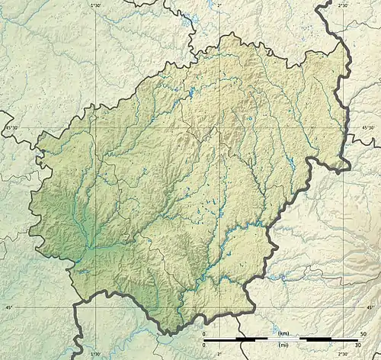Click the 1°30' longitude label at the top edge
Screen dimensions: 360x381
95,5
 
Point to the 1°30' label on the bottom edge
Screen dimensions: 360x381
95,354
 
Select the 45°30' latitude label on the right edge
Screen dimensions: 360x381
370,127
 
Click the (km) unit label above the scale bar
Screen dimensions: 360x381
283,334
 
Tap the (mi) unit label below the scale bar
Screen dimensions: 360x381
283,345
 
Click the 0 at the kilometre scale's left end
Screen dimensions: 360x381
203,334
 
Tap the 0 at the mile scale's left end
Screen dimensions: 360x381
203,345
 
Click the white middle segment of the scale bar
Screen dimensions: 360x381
283,339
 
